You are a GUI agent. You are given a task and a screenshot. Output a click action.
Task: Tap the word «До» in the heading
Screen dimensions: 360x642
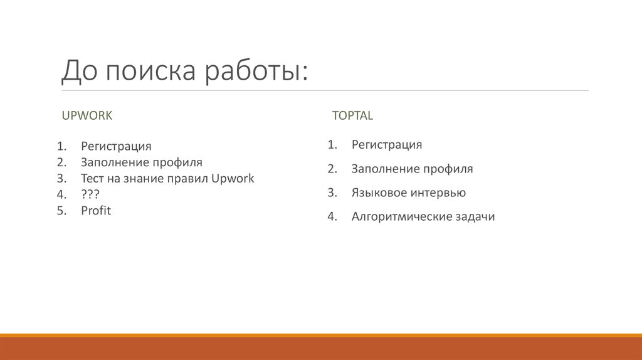tap(79, 70)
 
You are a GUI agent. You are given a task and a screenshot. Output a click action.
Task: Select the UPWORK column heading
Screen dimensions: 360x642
tap(87, 115)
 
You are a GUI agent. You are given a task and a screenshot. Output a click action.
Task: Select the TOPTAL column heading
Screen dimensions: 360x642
tap(352, 115)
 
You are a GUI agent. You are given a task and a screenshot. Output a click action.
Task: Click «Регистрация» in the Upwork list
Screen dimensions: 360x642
tap(116, 146)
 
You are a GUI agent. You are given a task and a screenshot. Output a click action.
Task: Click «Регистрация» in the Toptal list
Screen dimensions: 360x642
tap(386, 145)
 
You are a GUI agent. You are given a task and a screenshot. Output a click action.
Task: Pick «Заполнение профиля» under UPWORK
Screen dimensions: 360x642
tap(141, 162)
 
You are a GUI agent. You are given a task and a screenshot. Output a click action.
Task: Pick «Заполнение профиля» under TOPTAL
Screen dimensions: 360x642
tap(412, 169)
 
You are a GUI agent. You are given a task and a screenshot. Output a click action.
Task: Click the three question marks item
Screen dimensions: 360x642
tap(90, 194)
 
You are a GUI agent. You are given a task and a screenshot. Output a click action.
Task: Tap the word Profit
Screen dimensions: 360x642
tap(95, 211)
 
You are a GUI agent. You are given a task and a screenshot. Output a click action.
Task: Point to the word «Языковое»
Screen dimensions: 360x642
tap(379, 193)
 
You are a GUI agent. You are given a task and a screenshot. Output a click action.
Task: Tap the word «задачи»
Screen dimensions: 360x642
tap(475, 216)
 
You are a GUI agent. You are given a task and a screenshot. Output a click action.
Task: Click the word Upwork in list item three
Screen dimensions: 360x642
tap(233, 178)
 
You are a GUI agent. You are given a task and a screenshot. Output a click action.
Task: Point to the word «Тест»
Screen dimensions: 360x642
tap(93, 178)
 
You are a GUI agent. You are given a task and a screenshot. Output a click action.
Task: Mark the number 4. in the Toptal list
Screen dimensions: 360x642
tap(332, 216)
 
